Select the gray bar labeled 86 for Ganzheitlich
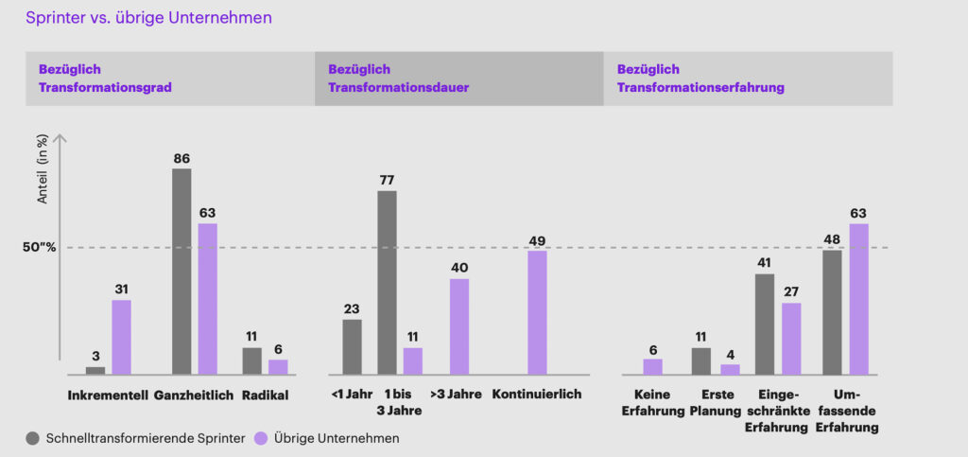point(181,271)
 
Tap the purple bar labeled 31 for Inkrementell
point(122,336)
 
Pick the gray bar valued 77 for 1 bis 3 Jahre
point(387,282)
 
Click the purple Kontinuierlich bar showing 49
point(537,311)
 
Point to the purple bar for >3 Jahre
point(458,325)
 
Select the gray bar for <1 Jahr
point(352,346)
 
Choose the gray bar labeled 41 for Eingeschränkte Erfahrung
point(765,324)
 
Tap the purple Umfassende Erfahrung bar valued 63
point(858,298)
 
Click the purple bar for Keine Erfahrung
point(652,365)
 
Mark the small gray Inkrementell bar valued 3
point(95,370)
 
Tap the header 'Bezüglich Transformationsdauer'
point(398,79)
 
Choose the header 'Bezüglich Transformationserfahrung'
point(700,79)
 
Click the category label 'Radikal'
point(265,395)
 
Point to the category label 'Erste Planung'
point(710,403)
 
